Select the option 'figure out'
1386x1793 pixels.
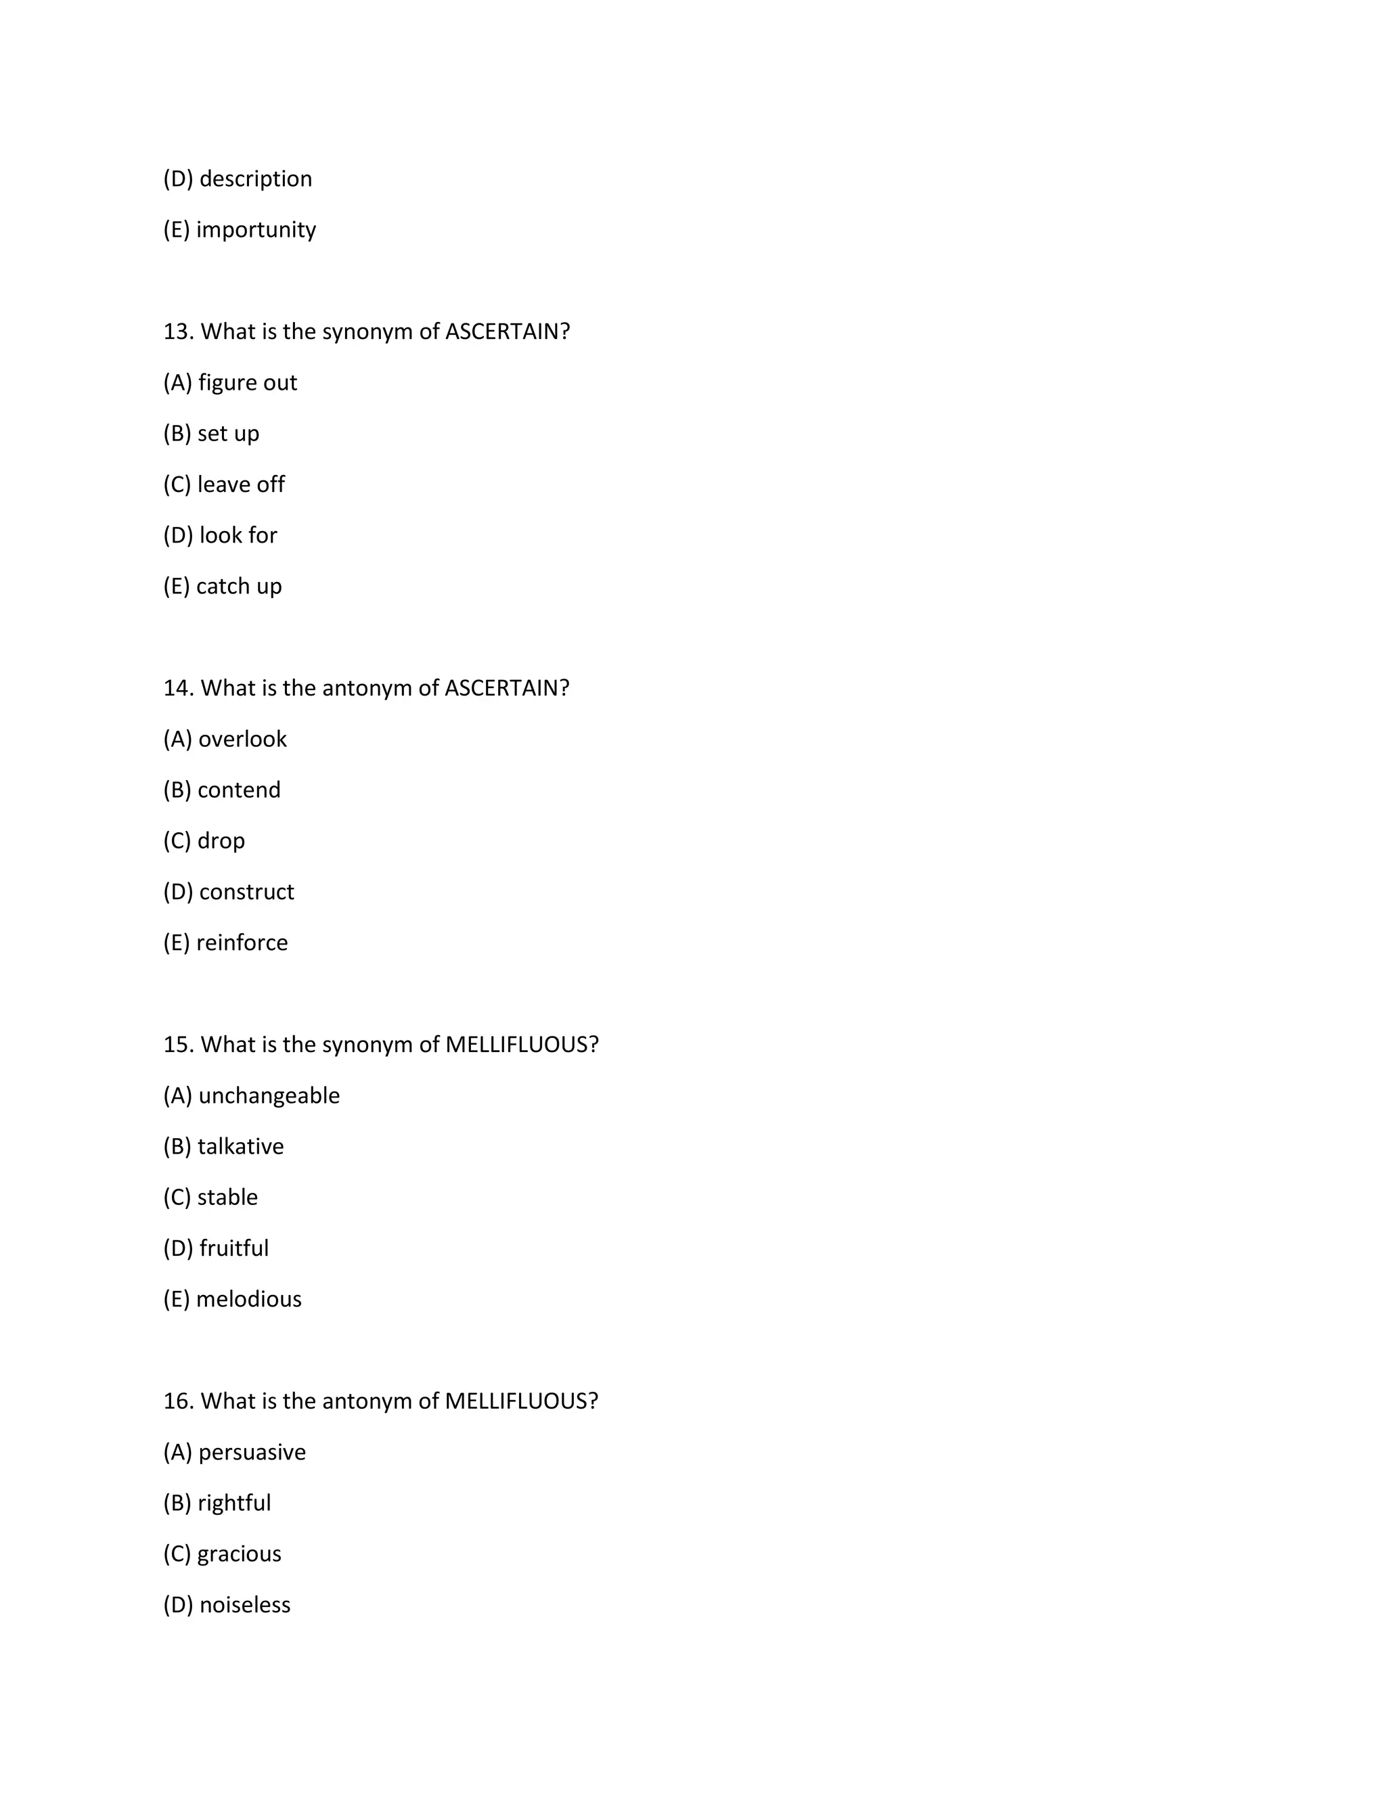coord(247,382)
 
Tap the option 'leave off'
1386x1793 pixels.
coord(240,484)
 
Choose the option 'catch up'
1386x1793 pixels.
coord(238,586)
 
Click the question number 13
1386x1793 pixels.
coord(177,332)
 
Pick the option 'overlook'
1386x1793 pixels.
coord(242,739)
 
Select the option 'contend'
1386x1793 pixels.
coord(239,790)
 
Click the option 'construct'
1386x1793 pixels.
coord(246,892)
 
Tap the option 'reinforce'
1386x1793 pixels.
coord(242,943)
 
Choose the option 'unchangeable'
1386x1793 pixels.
coord(269,1095)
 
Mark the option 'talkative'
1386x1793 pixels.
coord(240,1146)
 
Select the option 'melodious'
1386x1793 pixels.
coord(249,1299)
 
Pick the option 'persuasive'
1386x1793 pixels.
coord(252,1451)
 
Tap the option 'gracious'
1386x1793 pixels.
coord(239,1553)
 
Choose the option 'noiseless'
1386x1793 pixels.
coord(245,1604)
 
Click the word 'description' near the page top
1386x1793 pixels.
coord(255,179)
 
